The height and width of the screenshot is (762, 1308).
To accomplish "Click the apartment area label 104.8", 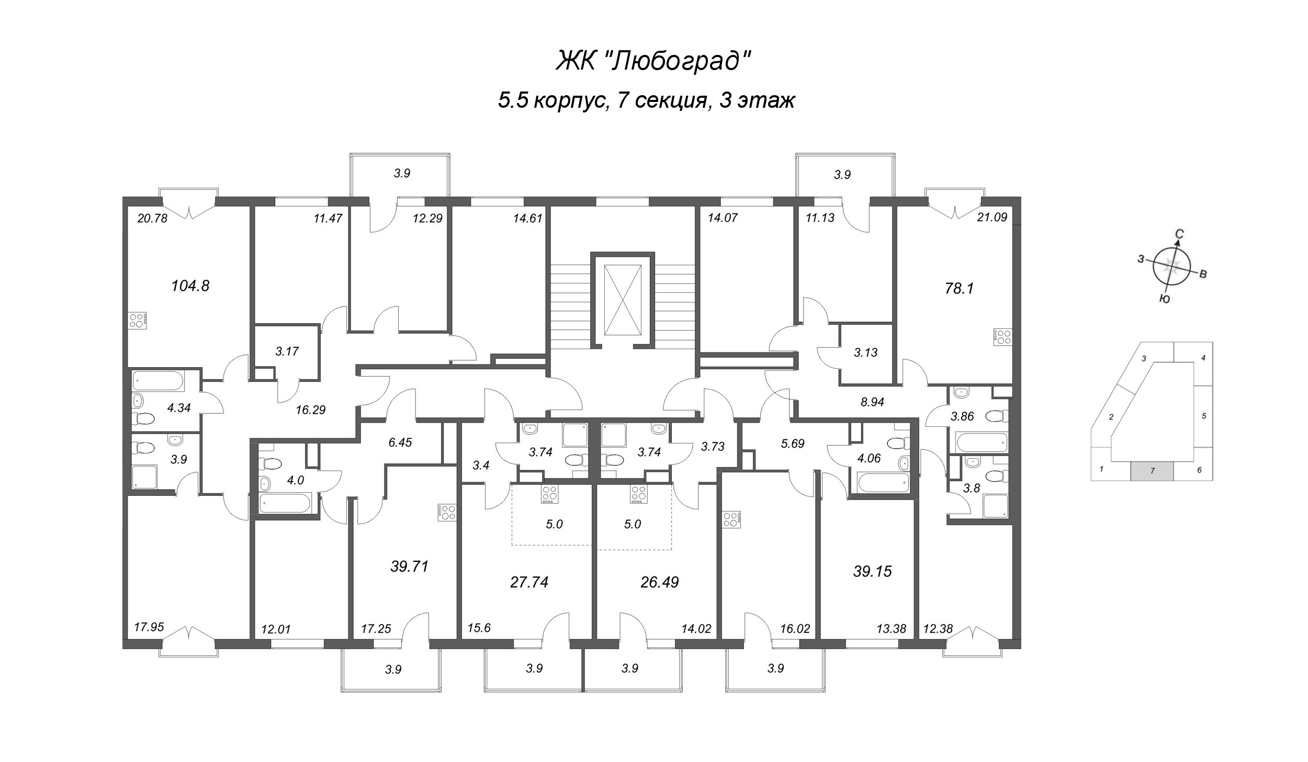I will pos(190,286).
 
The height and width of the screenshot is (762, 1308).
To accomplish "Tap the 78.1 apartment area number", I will pos(959,288).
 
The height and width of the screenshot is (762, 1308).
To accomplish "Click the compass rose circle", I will pos(1171,267).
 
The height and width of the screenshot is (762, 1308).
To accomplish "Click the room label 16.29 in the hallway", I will pos(310,410).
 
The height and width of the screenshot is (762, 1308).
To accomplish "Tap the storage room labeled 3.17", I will pos(287,351).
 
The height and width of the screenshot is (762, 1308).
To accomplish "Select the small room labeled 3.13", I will pos(865,352).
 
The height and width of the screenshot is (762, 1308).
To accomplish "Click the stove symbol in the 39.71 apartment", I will pos(448,512).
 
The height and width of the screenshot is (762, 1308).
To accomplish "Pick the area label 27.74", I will pos(529,582).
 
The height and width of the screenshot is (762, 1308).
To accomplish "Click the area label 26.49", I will pos(659,582).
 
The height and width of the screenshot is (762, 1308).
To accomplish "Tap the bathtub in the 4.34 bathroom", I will pos(157,381).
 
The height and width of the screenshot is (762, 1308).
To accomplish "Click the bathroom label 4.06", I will pos(869,458).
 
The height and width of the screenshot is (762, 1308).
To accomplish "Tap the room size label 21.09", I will pos(992,217).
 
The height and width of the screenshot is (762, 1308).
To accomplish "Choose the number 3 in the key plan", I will pos(1144,358).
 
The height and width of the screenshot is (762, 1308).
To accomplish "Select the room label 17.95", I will pos(149,627).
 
